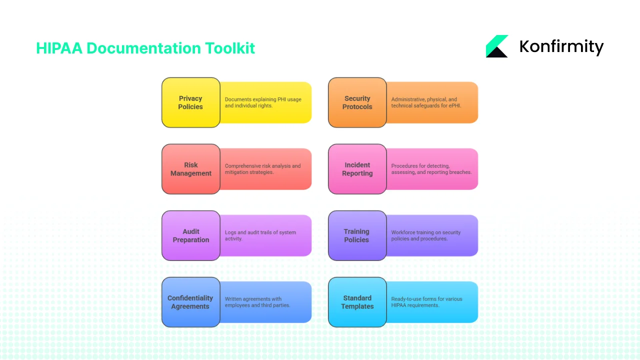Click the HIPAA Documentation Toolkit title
[x=145, y=48]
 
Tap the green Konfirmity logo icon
[x=497, y=46]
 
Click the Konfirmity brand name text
[x=561, y=46]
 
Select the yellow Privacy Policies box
[x=190, y=102]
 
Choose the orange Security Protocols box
[x=357, y=102]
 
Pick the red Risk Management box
[x=190, y=169]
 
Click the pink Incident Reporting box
[x=357, y=169]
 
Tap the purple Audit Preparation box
[x=190, y=235]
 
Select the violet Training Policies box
[x=357, y=235]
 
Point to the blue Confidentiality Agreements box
[x=190, y=302]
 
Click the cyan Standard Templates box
[x=357, y=302]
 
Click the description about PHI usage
[x=263, y=102]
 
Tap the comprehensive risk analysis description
[x=262, y=169]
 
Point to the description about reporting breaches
[x=431, y=169]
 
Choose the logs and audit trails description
[x=260, y=235]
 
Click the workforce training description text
[x=425, y=235]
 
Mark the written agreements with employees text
[x=257, y=302]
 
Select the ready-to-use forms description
[x=426, y=302]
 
